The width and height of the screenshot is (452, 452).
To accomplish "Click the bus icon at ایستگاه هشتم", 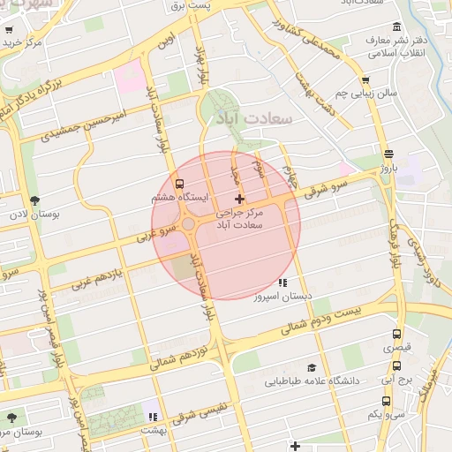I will click(181, 185).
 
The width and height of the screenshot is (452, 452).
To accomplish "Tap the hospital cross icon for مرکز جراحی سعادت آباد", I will click(238, 200).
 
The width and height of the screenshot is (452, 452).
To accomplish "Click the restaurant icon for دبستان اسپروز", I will click(282, 283).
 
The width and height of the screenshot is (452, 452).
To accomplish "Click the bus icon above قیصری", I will click(396, 335).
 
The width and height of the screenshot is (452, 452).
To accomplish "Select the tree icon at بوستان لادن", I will click(34, 201).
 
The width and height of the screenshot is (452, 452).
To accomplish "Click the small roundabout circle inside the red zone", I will click(189, 224).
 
